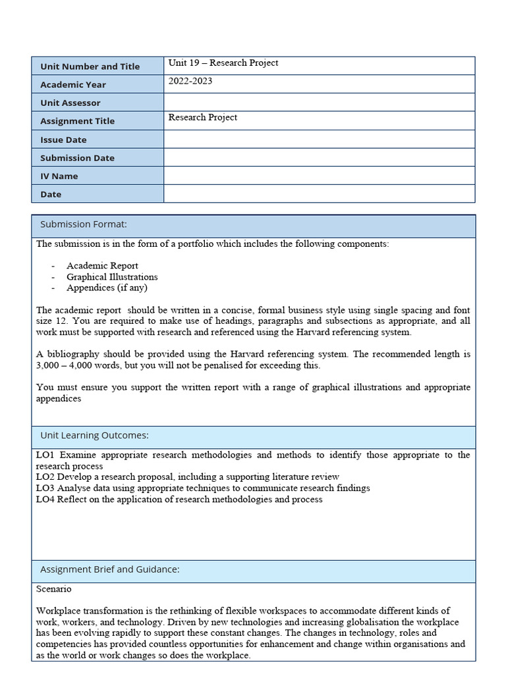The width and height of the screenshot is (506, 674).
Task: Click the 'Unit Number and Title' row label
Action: click(90, 66)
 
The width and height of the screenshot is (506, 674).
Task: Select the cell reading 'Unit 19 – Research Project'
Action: click(223, 63)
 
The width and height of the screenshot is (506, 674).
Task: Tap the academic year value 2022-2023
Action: click(190, 81)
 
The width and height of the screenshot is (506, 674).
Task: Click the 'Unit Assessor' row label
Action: click(70, 103)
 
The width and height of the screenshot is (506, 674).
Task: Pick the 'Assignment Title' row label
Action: click(77, 121)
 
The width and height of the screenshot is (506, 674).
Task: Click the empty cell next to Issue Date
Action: click(319, 139)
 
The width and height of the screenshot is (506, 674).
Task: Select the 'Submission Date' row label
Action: click(77, 158)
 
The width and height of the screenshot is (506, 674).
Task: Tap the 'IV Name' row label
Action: click(59, 176)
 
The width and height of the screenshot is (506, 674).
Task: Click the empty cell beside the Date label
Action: click(319, 194)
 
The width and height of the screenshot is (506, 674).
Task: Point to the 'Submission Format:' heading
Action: click(84, 224)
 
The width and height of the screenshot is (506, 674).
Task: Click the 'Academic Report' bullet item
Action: click(102, 266)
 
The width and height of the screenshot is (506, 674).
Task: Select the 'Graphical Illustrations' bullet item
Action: click(112, 277)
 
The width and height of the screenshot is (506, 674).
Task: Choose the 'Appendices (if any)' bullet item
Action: click(107, 288)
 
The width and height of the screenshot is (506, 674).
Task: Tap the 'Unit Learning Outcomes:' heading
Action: click(94, 435)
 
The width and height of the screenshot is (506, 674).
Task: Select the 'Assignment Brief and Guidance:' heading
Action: click(110, 569)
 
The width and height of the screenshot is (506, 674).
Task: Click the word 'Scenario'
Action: click(54, 589)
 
